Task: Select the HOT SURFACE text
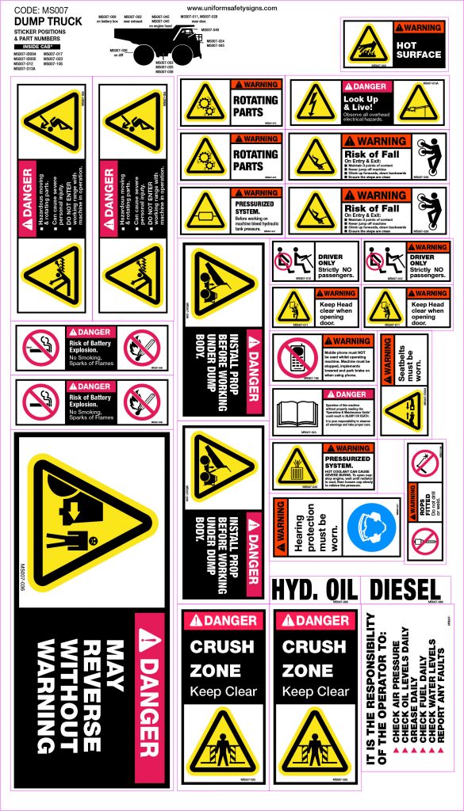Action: point(418,55)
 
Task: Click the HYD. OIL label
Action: point(313,589)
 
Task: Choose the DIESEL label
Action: point(405,589)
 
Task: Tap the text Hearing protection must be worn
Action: point(312,527)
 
